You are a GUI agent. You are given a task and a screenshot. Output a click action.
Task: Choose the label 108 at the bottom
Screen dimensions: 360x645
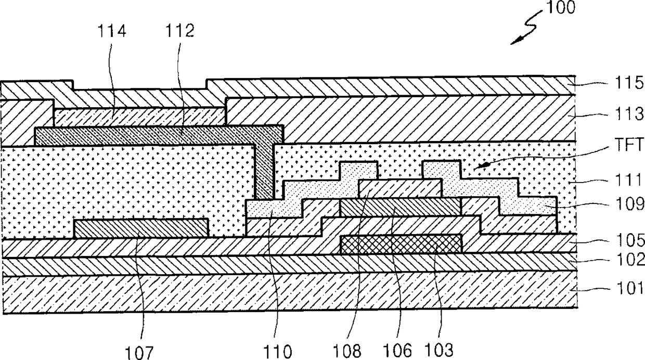coord(349,351)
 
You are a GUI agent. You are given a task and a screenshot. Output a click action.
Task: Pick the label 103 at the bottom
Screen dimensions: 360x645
coord(437,351)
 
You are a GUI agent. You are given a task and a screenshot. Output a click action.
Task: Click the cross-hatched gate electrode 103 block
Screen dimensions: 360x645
coord(401,244)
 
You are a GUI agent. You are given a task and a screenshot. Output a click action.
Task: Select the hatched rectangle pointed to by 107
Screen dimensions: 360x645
coord(141,228)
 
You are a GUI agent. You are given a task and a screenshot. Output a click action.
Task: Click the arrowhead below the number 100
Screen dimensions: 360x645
coord(513,42)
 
